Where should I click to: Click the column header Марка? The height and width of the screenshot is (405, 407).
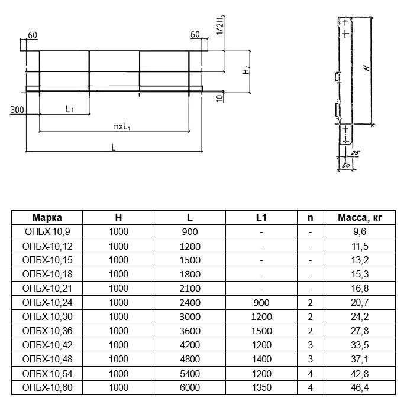point(47,217)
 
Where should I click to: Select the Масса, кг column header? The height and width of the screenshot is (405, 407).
point(360,218)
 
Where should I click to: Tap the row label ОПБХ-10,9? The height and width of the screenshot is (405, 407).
point(47,231)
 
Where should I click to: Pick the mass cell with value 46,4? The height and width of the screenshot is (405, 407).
point(360,388)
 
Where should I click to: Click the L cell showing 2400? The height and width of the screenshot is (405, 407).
point(190,303)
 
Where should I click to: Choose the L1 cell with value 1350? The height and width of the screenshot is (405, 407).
point(261,388)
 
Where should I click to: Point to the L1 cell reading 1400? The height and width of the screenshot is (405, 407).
point(261,360)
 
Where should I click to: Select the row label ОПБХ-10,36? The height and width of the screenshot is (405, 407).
point(47,331)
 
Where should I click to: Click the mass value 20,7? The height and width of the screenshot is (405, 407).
point(360,303)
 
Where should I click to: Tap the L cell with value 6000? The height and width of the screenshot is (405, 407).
point(190,388)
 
